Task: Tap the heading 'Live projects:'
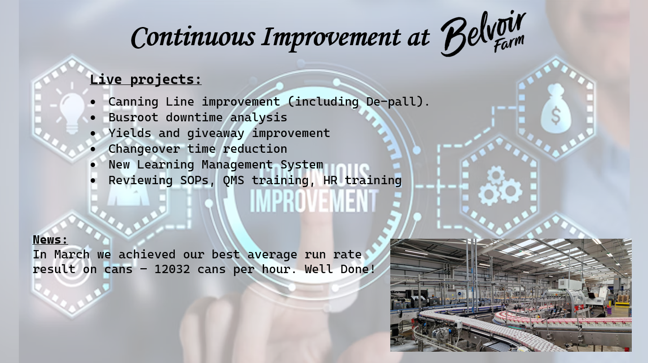[x=146, y=80]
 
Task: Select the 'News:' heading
[x=51, y=240]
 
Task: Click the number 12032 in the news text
[x=172, y=269]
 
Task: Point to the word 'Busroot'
[x=134, y=117]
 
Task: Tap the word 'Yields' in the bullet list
[x=130, y=133]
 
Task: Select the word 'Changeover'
[x=144, y=149]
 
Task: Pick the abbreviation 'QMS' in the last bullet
[x=234, y=180]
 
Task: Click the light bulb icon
[x=72, y=109]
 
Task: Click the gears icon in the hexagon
[x=500, y=186]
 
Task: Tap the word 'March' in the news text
[x=72, y=254]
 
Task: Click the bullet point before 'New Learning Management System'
[x=93, y=165]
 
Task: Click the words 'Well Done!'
[x=340, y=269]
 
